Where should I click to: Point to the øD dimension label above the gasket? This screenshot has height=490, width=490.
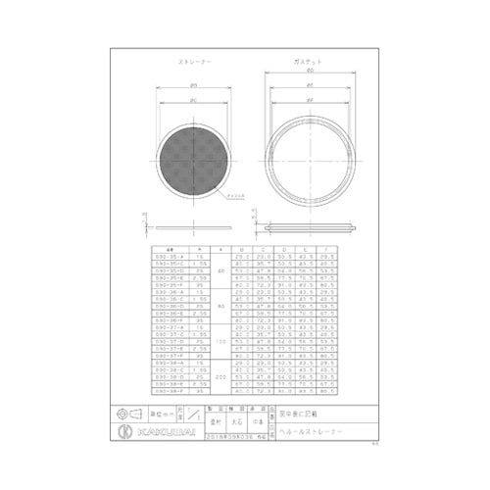[x=310, y=72]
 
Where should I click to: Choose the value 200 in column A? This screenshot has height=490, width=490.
[x=221, y=376]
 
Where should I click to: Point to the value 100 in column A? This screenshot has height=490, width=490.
[x=221, y=341]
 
